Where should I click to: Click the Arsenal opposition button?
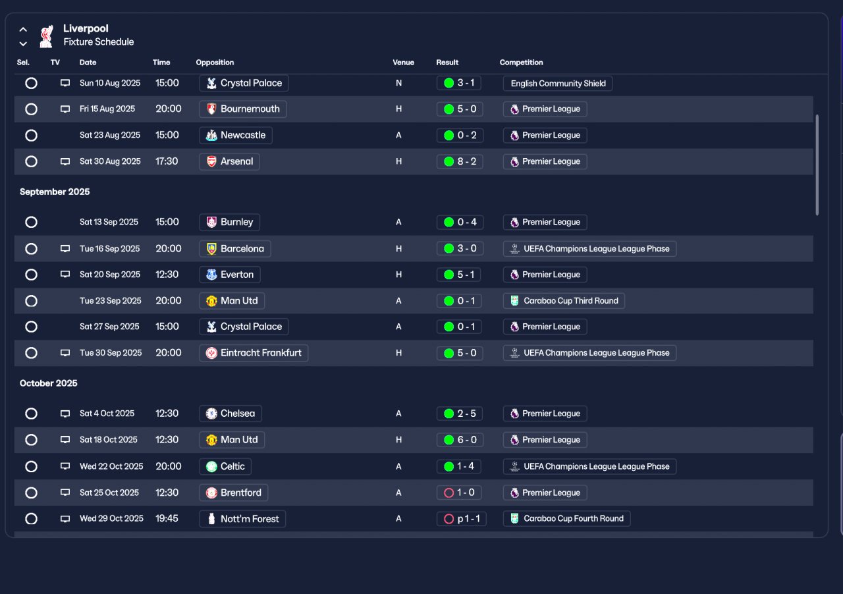click(x=229, y=161)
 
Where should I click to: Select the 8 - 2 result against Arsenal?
click(x=460, y=161)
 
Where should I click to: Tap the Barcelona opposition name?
click(x=235, y=249)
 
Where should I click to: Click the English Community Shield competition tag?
click(x=558, y=84)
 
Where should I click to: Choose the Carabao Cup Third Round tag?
click(x=564, y=301)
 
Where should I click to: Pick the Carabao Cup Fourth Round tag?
click(x=566, y=519)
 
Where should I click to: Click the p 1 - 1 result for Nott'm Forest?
click(x=462, y=519)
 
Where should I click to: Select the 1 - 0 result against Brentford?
click(x=459, y=493)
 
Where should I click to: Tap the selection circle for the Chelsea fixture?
click(x=31, y=414)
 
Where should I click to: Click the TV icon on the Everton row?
click(x=65, y=275)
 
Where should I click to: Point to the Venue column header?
click(x=403, y=63)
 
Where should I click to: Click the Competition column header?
click(x=521, y=63)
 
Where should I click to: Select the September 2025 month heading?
click(x=55, y=192)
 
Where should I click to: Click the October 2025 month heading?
click(x=49, y=383)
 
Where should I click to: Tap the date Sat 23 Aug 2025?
click(x=110, y=136)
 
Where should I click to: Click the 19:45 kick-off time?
click(x=167, y=519)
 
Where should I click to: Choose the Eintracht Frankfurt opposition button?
click(x=254, y=353)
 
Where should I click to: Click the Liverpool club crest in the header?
click(x=46, y=36)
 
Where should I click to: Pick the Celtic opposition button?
click(x=225, y=466)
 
